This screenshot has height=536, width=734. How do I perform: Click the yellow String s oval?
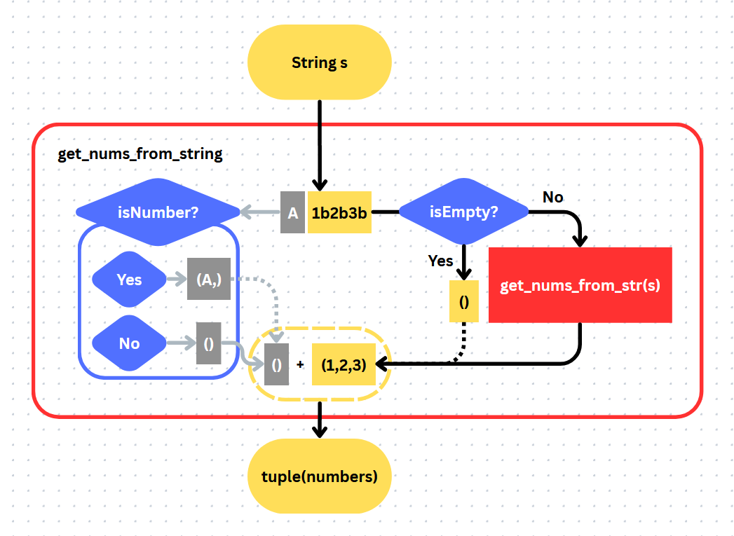pos(319,63)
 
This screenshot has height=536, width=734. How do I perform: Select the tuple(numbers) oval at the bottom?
pos(319,477)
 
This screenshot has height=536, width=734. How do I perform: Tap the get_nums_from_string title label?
pos(140,154)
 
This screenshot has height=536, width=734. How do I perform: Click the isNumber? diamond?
pos(158,212)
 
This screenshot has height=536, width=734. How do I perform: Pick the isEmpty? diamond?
pos(463,212)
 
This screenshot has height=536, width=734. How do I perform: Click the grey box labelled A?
pos(292,212)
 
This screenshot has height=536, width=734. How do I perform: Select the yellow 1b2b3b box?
pos(339,212)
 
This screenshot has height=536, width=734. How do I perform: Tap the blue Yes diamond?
pos(129,280)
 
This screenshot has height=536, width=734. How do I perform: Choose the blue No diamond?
pos(129,343)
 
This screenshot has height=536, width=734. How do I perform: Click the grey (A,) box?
pos(208,280)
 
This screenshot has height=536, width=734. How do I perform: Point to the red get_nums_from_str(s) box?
pos(580,285)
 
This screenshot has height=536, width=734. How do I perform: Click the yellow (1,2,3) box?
pos(344,364)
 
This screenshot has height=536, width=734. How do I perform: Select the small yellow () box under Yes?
pos(463,301)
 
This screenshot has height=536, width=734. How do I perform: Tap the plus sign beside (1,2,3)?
pos(300,365)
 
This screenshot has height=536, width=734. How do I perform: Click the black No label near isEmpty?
pos(552,197)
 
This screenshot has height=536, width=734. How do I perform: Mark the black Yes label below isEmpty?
pos(440,261)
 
